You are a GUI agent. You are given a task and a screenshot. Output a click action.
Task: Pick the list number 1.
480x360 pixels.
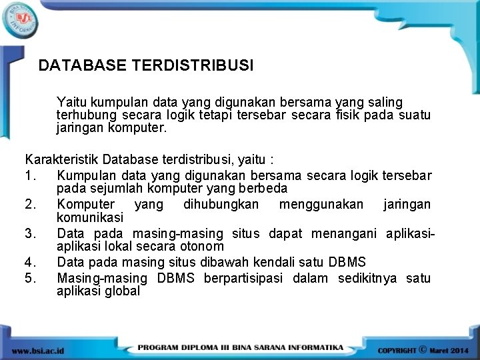tap(29, 175)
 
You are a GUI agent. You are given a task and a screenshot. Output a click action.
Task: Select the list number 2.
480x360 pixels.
tap(29, 204)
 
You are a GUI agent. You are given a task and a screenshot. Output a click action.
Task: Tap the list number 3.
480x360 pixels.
tap(29, 233)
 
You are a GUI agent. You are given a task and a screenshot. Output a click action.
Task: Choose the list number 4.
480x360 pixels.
tap(29, 261)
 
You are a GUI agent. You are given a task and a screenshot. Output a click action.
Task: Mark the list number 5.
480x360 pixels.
tap(29, 277)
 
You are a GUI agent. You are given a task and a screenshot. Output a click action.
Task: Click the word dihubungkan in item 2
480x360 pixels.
tap(220, 204)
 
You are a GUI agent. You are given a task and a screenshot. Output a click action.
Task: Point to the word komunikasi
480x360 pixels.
tap(90, 217)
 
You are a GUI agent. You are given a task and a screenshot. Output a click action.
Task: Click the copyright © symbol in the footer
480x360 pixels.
tap(423, 349)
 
